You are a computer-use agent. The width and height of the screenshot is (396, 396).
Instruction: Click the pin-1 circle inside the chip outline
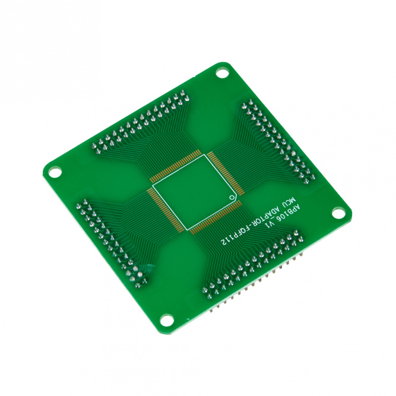(231, 198)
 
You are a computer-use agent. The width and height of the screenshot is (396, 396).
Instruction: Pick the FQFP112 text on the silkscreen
(235, 235)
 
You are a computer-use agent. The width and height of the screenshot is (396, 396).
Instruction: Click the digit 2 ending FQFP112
(223, 243)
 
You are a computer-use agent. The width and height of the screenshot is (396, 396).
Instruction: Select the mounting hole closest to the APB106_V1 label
(338, 213)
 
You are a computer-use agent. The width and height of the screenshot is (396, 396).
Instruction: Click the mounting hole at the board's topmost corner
(221, 74)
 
